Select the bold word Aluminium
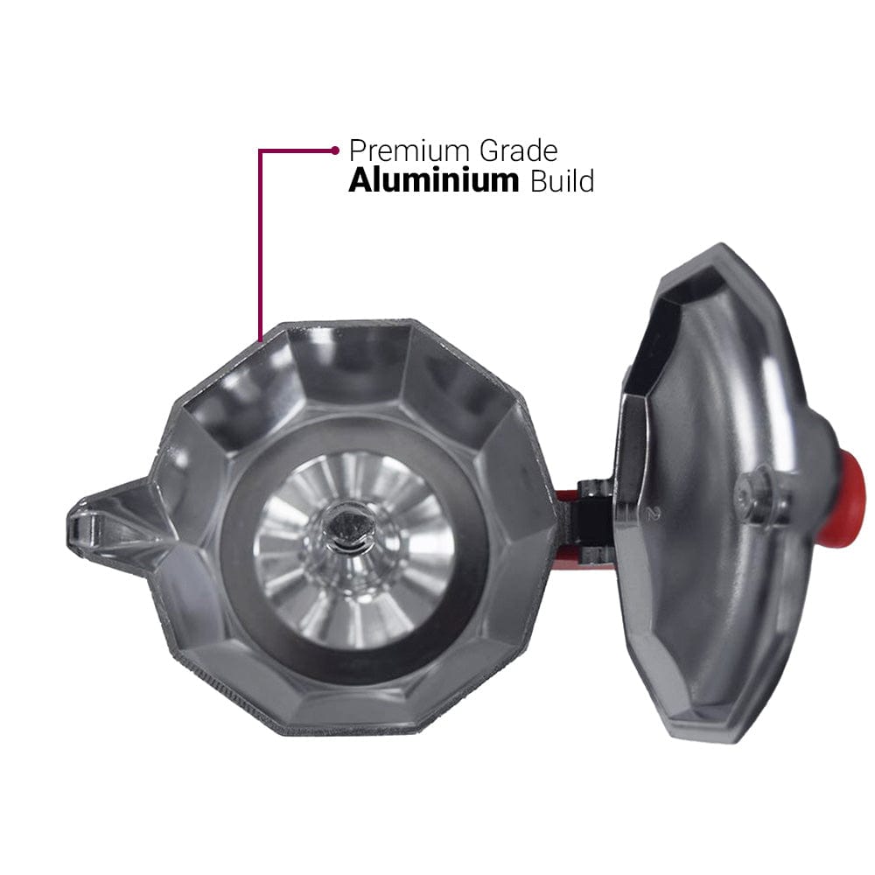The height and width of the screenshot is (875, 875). click(x=433, y=181)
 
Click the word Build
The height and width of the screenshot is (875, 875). click(x=562, y=181)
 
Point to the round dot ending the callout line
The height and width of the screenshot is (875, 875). click(x=335, y=150)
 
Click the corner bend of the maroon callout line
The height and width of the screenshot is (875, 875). click(x=261, y=151)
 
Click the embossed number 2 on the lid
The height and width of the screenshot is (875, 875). click(x=648, y=514)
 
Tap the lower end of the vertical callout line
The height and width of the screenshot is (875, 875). click(x=261, y=337)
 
